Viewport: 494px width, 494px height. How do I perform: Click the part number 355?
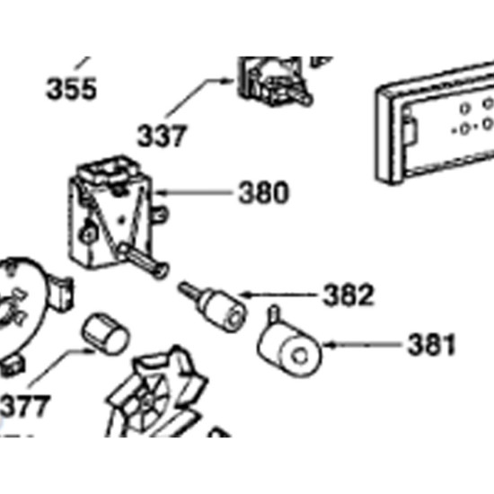71,89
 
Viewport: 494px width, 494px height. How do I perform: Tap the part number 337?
162,136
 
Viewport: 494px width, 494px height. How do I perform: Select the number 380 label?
263,192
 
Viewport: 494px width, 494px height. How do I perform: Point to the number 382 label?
348,295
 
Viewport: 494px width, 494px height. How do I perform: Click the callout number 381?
432,345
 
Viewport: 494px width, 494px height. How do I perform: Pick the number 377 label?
25,406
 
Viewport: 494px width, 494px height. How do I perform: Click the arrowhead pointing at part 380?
159,192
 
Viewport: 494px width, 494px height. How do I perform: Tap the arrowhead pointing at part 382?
244,296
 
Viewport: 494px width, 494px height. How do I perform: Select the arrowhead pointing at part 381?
328,345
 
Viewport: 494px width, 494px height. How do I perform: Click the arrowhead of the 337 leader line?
229,81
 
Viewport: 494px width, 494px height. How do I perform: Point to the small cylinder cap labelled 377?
105,334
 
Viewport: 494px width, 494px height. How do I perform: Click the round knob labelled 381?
289,347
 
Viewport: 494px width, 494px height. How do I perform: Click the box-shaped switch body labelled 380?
110,215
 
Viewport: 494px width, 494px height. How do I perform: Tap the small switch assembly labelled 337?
273,81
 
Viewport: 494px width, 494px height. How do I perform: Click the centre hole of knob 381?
300,357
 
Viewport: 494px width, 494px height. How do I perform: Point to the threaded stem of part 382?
189,290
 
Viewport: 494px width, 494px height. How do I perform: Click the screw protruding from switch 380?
145,260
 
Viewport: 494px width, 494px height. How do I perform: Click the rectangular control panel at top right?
436,123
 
